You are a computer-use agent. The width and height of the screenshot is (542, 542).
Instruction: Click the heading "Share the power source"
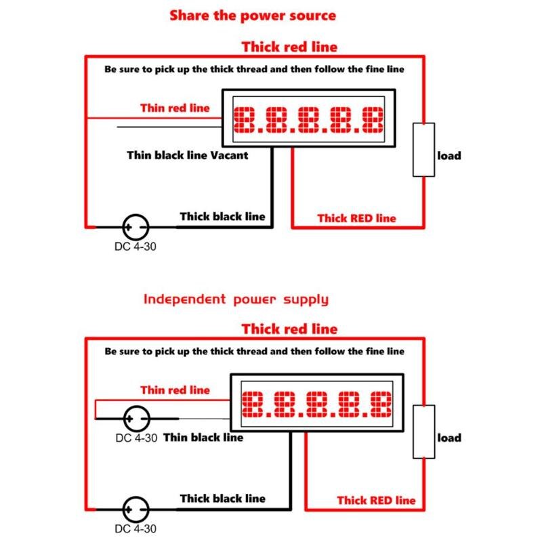pyautogui.click(x=252, y=15)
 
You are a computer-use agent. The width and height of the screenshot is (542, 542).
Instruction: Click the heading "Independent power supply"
pyautogui.click(x=236, y=299)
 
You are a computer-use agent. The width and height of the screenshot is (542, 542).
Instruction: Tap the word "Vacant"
pyautogui.click(x=228, y=155)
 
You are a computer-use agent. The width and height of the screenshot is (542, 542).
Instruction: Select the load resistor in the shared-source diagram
pyautogui.click(x=425, y=150)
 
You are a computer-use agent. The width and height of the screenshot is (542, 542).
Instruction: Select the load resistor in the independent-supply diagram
pyautogui.click(x=425, y=432)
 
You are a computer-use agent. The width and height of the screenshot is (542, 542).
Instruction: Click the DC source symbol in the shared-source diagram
pyautogui.click(x=135, y=226)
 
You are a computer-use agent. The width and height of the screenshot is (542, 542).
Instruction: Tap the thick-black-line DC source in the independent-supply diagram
pyautogui.click(x=135, y=509)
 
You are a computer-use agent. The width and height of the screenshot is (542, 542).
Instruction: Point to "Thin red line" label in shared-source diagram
pyautogui.click(x=175, y=108)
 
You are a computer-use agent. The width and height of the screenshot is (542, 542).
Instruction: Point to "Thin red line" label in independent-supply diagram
pyautogui.click(x=175, y=390)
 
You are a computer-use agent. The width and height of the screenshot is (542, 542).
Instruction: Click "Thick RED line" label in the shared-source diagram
pyautogui.click(x=356, y=218)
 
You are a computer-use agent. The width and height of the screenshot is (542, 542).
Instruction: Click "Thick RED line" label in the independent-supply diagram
pyautogui.click(x=376, y=500)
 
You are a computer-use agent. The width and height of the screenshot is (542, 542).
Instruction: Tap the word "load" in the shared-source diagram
pyautogui.click(x=449, y=156)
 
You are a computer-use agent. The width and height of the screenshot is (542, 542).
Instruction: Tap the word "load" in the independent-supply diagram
pyautogui.click(x=449, y=438)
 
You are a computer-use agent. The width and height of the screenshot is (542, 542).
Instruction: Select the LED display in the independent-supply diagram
pyautogui.click(x=317, y=404)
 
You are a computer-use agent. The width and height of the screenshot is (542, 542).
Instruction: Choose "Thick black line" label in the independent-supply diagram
pyautogui.click(x=222, y=499)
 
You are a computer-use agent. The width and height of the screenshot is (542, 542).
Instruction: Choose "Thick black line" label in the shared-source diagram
pyautogui.click(x=222, y=217)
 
